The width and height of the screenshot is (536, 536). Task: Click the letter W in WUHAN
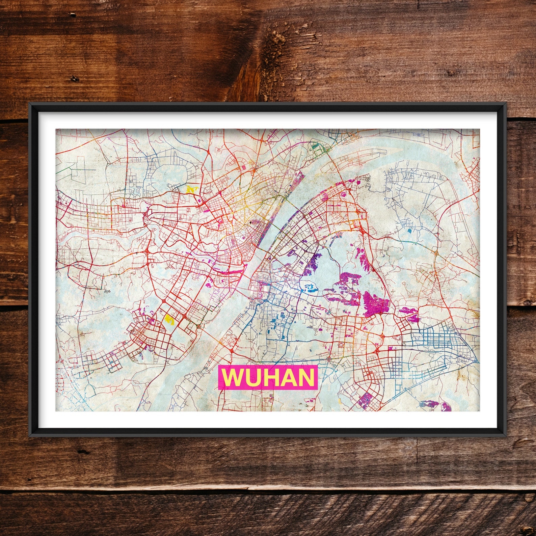233,377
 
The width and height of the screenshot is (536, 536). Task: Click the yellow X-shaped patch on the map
191,189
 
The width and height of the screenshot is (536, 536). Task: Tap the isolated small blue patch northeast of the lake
409,231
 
